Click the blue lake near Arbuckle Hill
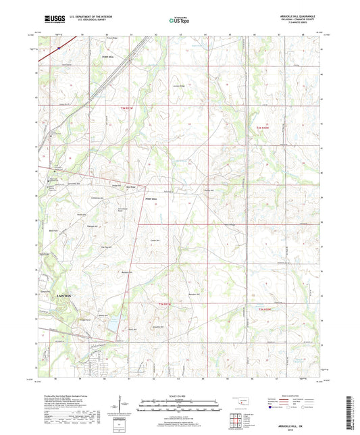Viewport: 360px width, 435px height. coord(109,326)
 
